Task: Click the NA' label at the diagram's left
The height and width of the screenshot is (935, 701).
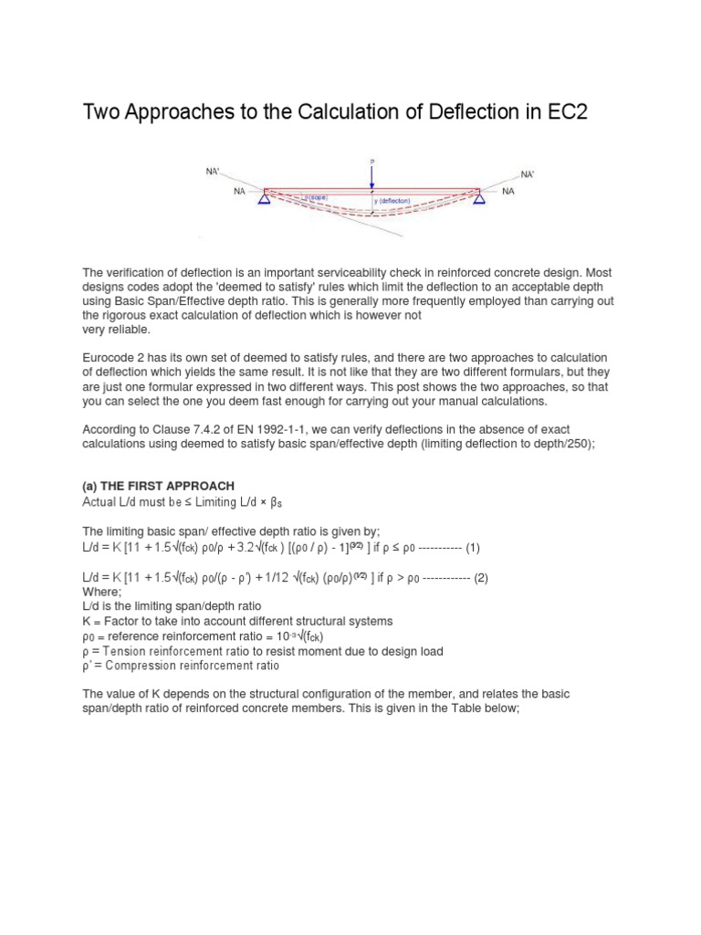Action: pyautogui.click(x=212, y=171)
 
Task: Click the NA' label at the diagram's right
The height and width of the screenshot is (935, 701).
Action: pyautogui.click(x=528, y=173)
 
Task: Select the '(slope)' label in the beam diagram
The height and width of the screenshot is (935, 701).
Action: pyautogui.click(x=317, y=196)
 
